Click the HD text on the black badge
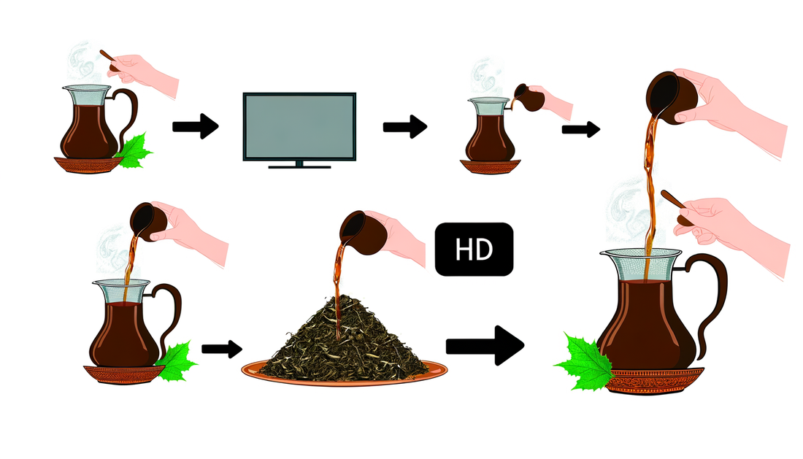(x=474, y=250)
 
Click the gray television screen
(x=299, y=126)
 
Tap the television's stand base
(x=299, y=166)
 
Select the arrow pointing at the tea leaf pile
(x=221, y=348)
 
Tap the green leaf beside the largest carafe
(x=584, y=359)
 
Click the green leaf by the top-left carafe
(x=134, y=152)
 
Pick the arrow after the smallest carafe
(x=580, y=130)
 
